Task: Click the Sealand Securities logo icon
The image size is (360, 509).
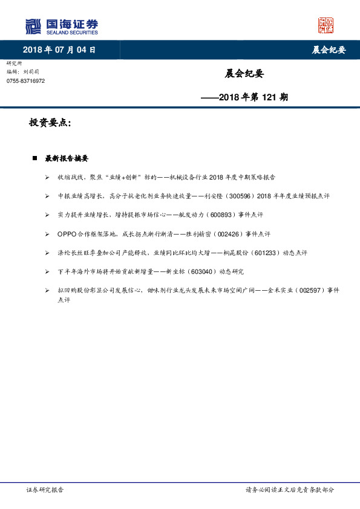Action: click(x=33, y=27)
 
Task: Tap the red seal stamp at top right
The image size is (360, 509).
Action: click(x=326, y=25)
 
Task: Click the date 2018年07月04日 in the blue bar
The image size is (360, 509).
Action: click(x=59, y=50)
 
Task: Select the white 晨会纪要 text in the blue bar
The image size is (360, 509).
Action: click(x=329, y=50)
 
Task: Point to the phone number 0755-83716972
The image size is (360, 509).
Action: click(x=25, y=81)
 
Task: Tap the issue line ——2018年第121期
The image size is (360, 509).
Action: click(x=244, y=97)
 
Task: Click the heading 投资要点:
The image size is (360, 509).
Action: click(x=50, y=123)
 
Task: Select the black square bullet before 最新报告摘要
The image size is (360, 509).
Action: click(x=35, y=158)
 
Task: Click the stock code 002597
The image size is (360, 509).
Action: click(x=309, y=291)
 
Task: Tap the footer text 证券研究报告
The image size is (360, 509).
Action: click(x=45, y=490)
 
